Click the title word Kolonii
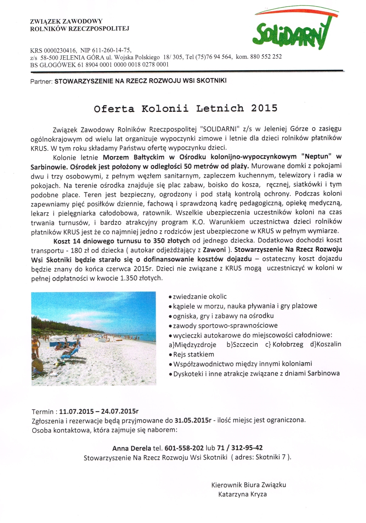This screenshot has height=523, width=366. point(165,108)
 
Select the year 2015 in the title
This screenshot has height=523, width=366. point(264,108)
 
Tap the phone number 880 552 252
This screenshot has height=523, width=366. point(266,56)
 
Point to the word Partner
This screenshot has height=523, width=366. point(41,81)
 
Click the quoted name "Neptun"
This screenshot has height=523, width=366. point(316,157)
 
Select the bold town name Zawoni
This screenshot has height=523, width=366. point(214,250)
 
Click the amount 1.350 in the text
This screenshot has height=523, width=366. point(128,278)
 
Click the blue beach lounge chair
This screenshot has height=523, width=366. point(70,353)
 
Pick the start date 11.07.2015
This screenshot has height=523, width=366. point(76,411)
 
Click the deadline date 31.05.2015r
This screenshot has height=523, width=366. point(193,420)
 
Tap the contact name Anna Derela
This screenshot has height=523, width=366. point(132,448)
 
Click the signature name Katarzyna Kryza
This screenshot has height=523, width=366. point(242,494)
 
